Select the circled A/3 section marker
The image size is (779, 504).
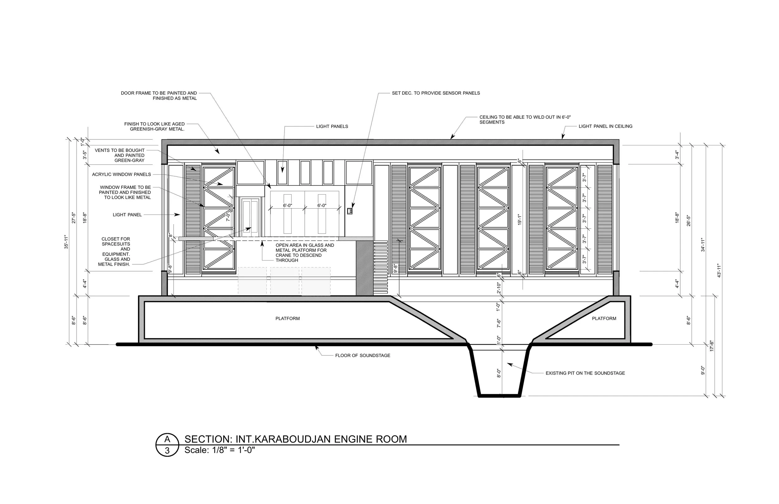(x=167, y=445)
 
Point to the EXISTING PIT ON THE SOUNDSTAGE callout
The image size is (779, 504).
(x=585, y=373)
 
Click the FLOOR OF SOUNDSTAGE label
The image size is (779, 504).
(x=362, y=356)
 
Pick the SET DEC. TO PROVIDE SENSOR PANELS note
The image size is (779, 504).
(x=436, y=93)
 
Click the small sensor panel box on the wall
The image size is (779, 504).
(x=350, y=211)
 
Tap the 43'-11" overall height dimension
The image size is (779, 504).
(x=719, y=271)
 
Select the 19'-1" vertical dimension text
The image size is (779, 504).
(x=519, y=220)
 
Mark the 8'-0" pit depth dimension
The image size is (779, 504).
(x=499, y=373)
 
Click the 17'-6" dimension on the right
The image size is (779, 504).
(x=712, y=346)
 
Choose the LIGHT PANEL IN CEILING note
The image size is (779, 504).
(x=605, y=126)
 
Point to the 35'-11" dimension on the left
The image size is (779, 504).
(x=66, y=242)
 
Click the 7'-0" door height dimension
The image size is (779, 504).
(x=228, y=217)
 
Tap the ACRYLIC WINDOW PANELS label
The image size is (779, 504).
(x=122, y=174)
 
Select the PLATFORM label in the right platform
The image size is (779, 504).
(x=604, y=318)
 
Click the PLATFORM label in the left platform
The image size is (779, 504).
(x=287, y=318)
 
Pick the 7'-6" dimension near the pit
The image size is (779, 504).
(x=499, y=323)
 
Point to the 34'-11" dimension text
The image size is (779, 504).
(x=703, y=245)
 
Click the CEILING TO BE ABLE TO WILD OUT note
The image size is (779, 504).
(x=525, y=119)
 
